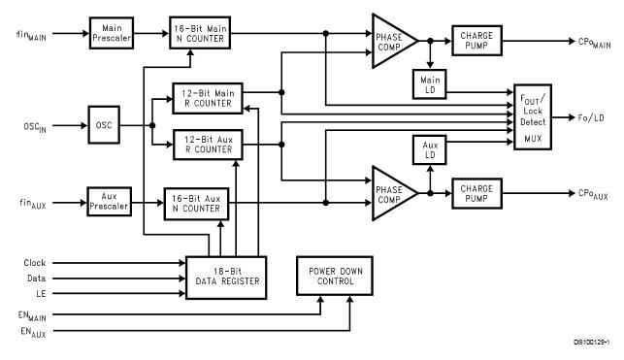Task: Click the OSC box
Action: click(104, 124)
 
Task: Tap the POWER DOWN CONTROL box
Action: click(333, 275)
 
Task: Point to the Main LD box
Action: click(427, 83)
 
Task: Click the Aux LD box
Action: click(427, 150)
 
